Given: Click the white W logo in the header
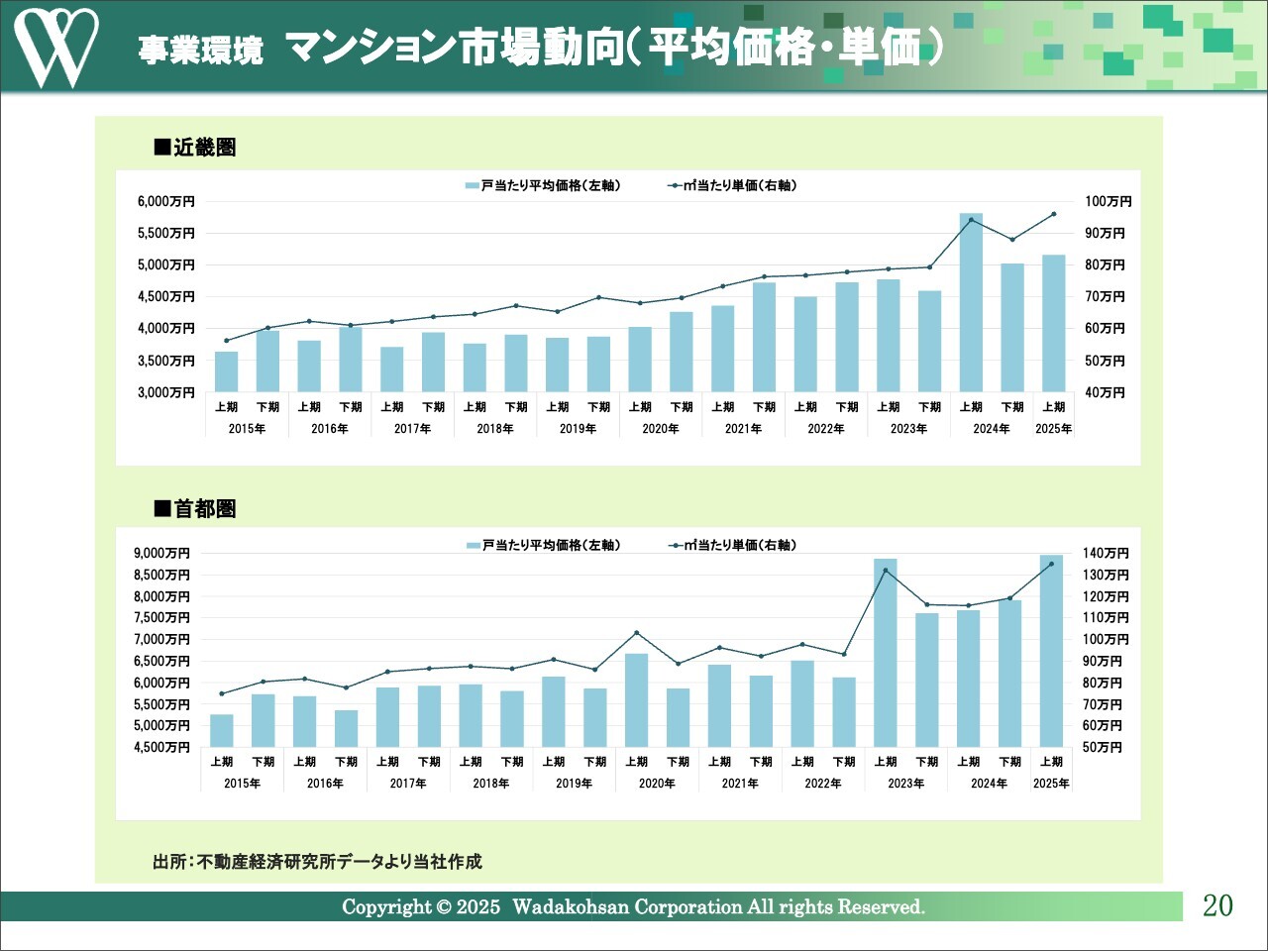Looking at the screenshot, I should (x=55, y=47).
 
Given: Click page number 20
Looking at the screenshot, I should (x=1217, y=905).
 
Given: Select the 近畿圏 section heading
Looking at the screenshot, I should (x=196, y=148).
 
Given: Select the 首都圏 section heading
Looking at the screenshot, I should (x=196, y=509).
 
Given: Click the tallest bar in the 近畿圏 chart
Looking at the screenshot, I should (x=971, y=302).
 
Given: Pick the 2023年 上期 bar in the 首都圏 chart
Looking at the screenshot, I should (x=885, y=653).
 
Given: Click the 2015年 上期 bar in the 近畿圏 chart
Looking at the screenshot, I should (x=226, y=371).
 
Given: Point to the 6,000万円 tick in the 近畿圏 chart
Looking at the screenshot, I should (x=165, y=201).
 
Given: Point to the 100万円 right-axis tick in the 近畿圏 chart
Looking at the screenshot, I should (x=1108, y=201).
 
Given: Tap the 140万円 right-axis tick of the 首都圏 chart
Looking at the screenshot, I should (x=1106, y=553).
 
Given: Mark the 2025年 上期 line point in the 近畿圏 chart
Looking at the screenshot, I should (x=1053, y=214).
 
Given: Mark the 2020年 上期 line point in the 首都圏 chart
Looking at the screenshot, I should (x=636, y=633).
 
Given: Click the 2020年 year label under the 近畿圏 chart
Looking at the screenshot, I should (x=661, y=429).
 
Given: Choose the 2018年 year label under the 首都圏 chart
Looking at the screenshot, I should (x=490, y=784).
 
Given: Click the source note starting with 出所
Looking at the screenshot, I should (x=317, y=862).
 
